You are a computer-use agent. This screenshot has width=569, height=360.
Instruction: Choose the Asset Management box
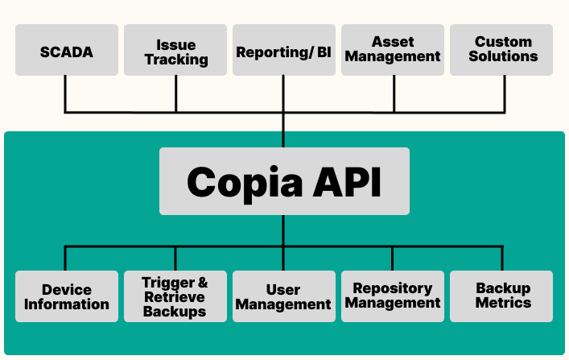point(394,50)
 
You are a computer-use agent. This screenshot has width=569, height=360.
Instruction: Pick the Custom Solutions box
point(502,50)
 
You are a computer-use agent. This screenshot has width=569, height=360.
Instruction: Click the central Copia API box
point(284,181)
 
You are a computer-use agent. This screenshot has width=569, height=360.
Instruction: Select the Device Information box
point(67,296)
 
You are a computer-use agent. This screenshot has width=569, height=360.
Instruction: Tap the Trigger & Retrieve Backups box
point(175,296)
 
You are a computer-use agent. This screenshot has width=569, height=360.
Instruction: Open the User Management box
point(284,296)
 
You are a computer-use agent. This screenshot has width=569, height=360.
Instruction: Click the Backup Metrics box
point(502,296)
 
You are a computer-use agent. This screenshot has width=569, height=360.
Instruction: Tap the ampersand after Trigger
point(202,283)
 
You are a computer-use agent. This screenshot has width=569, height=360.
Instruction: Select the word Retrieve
point(175,297)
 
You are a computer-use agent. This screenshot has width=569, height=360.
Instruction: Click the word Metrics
point(503,304)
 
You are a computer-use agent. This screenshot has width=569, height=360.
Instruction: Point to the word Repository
point(393,288)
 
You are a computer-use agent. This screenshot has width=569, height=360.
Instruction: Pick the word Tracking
point(176,60)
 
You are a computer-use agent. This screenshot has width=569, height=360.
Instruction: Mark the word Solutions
point(504,57)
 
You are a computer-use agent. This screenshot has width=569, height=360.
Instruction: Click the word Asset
point(393,42)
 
